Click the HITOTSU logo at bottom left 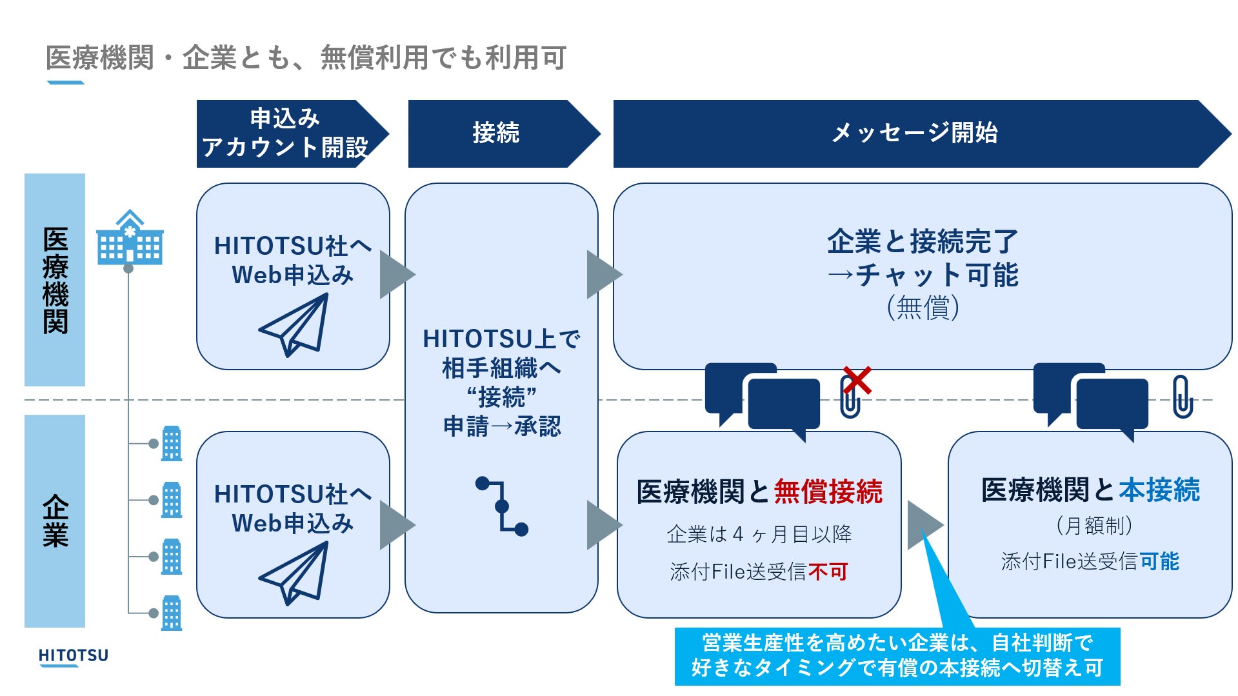[x=73, y=656]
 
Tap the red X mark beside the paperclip [x=857, y=381]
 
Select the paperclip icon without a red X [x=1182, y=397]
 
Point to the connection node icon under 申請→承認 [x=502, y=506]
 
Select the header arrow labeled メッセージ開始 [x=916, y=134]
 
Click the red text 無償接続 [x=828, y=492]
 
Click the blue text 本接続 [x=1159, y=490]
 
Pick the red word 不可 [x=828, y=572]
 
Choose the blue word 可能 [x=1159, y=561]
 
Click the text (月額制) [x=1093, y=526]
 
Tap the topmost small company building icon [x=172, y=443]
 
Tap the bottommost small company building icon [x=172, y=613]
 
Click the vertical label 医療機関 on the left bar [x=55, y=280]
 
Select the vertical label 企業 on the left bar [x=55, y=521]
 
